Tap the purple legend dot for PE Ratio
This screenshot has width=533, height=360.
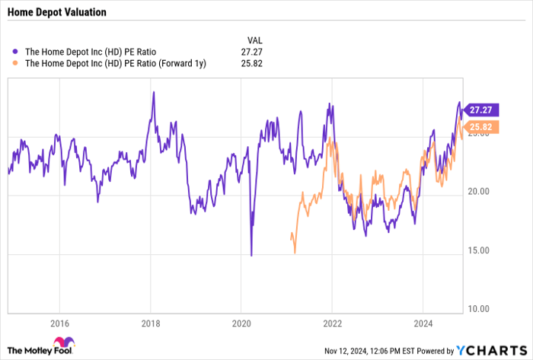[17, 52]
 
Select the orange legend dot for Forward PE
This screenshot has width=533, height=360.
[17, 63]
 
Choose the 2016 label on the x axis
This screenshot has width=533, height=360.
[59, 322]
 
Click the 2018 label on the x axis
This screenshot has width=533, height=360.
[150, 322]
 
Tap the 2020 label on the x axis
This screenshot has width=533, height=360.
[241, 322]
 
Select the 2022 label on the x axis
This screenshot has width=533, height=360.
[331, 322]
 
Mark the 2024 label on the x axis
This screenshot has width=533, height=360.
[422, 322]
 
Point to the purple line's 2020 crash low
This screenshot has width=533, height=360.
[251, 255]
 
